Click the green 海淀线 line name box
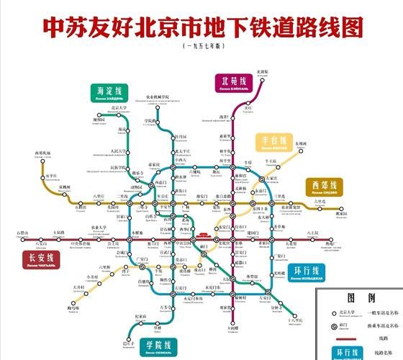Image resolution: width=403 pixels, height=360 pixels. pos(110,93)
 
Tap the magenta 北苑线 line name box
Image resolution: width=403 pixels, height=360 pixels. pos(232,83)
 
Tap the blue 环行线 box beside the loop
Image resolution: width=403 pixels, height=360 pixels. pos(309,274)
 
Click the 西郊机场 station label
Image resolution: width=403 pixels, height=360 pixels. pos(42,153)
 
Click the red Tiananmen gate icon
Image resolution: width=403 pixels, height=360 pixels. pos(201,237)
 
